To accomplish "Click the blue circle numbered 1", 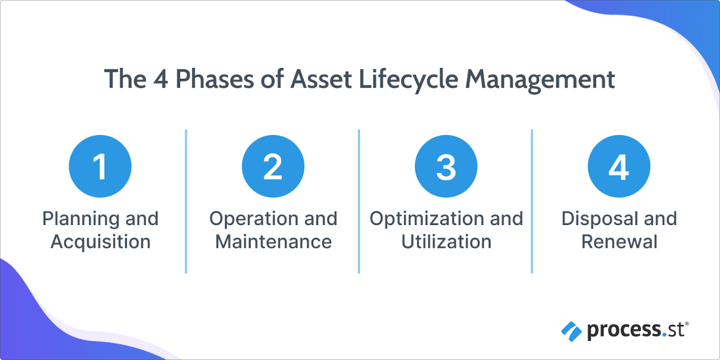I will (100, 166).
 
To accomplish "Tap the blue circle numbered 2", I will (273, 166).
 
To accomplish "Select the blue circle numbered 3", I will (446, 166).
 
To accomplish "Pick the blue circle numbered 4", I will (619, 166).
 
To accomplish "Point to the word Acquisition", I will (100, 242).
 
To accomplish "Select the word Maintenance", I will (273, 242).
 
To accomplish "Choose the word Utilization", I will (446, 242).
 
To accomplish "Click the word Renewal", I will (619, 242).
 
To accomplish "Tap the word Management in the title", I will (540, 79).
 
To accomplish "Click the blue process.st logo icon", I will (571, 331).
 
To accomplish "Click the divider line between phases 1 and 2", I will (186, 202).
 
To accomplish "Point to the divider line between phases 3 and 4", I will (532, 202).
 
